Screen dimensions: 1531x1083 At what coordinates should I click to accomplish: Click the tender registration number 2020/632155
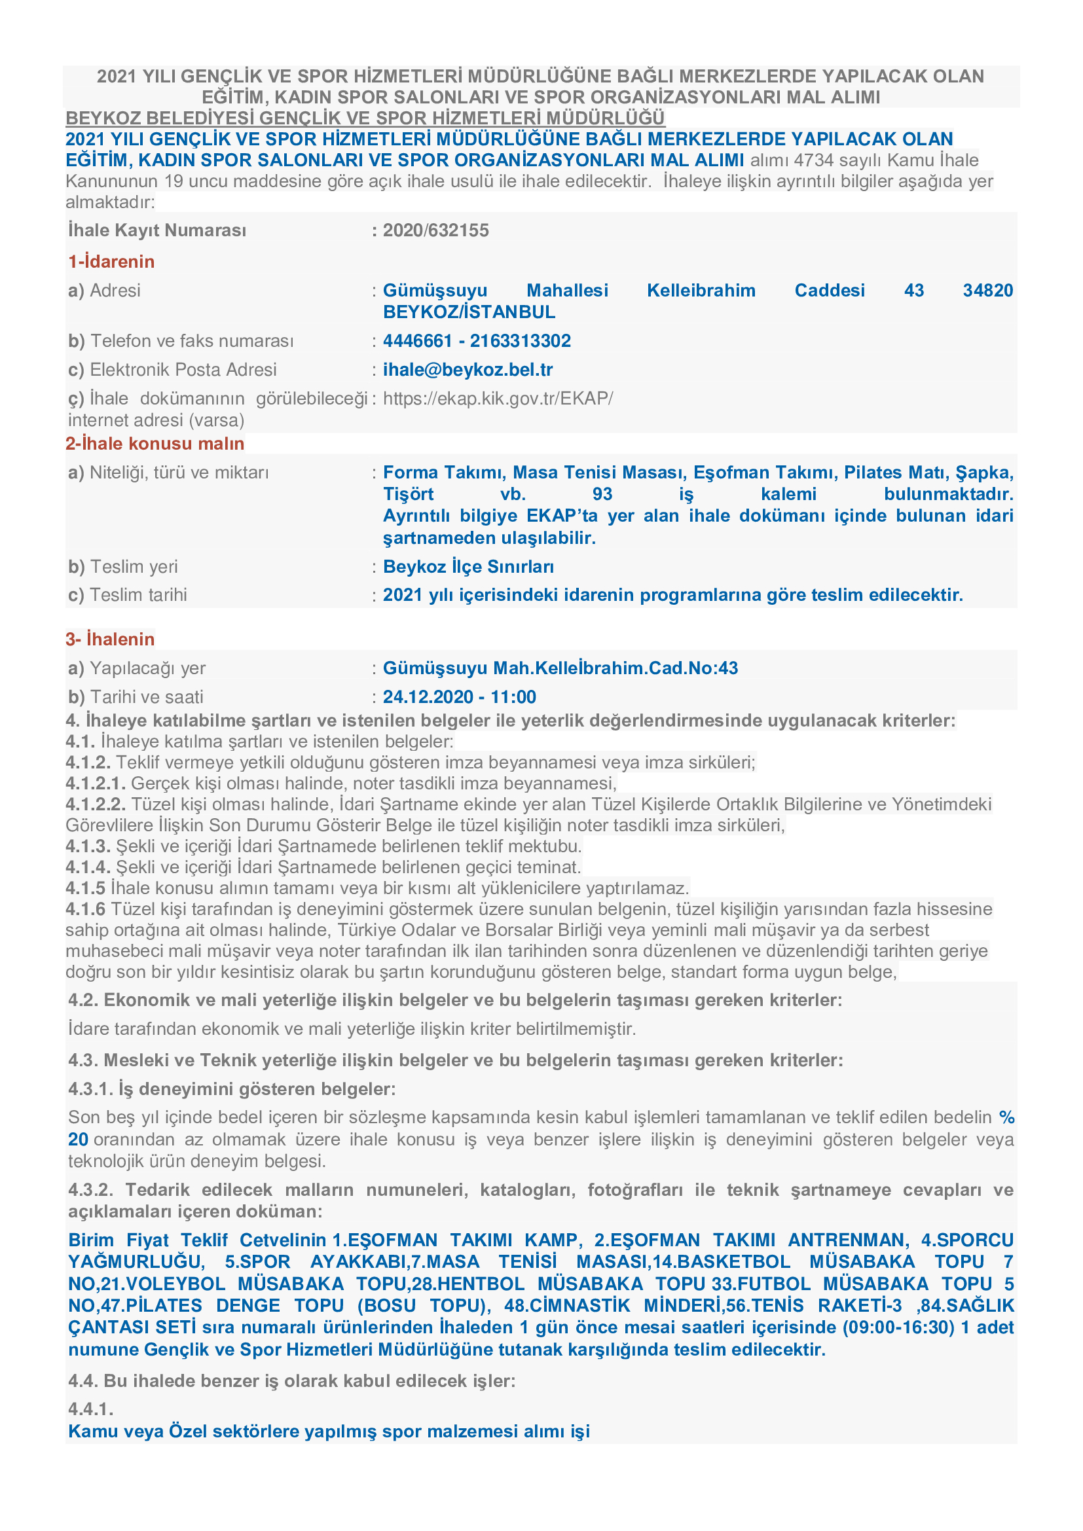click(x=435, y=230)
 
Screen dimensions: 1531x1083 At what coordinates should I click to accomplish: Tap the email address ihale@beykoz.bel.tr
click(x=468, y=370)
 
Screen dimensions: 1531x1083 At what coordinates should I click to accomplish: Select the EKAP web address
click(x=498, y=399)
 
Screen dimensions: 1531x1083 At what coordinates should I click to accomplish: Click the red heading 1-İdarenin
click(x=111, y=261)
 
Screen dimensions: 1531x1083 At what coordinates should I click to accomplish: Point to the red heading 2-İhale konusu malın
click(x=155, y=443)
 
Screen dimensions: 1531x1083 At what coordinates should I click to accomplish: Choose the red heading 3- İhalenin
click(x=110, y=639)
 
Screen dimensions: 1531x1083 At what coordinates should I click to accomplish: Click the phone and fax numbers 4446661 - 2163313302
click(x=477, y=342)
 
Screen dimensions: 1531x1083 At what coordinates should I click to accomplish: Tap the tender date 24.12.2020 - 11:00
click(x=460, y=698)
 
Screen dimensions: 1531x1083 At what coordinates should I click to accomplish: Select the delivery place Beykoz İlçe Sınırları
click(x=468, y=567)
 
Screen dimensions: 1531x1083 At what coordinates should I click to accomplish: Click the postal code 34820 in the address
click(x=987, y=291)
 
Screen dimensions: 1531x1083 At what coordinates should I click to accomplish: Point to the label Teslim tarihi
click(x=138, y=595)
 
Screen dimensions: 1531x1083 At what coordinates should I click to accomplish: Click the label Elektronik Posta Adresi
click(x=183, y=370)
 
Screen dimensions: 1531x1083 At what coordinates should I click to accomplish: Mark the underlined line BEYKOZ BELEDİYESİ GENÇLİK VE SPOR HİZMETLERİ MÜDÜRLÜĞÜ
click(x=365, y=118)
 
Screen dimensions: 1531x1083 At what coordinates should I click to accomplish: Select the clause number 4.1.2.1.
click(x=96, y=784)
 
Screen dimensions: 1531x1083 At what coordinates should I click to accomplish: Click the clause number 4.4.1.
click(x=91, y=1409)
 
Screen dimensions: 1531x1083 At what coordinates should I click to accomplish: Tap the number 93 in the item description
click(x=602, y=494)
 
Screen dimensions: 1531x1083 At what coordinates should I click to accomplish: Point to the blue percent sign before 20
click(x=1006, y=1117)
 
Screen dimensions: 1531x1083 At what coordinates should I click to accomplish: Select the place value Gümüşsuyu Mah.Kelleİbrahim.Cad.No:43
click(x=560, y=668)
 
